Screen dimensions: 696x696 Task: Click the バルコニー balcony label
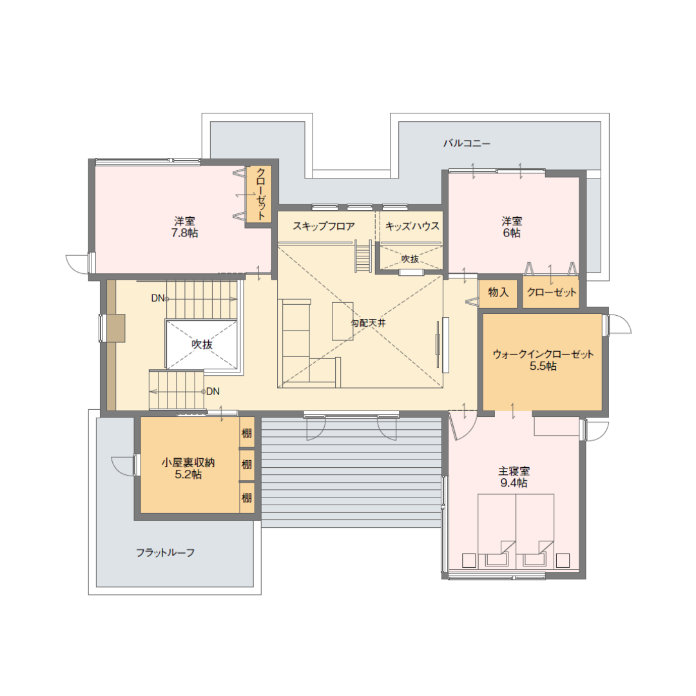pyautogui.click(x=467, y=143)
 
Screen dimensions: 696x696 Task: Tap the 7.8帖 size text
pyautogui.click(x=185, y=233)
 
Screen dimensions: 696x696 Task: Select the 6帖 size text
pyautogui.click(x=512, y=233)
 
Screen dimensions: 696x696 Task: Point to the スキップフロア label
pyautogui.click(x=324, y=226)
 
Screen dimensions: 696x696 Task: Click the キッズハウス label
pyautogui.click(x=412, y=226)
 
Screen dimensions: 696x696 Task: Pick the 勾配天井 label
pyautogui.click(x=369, y=323)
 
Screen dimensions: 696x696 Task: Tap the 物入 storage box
pyautogui.click(x=498, y=293)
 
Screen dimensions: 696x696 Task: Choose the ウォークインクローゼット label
pyautogui.click(x=543, y=354)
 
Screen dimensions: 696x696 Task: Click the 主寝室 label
pyautogui.click(x=514, y=471)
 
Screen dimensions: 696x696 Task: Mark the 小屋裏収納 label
pyautogui.click(x=188, y=463)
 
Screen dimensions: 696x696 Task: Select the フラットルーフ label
pyautogui.click(x=165, y=553)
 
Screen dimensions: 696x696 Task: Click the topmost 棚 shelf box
pyautogui.click(x=247, y=433)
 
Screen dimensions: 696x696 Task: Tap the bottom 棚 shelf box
pyautogui.click(x=247, y=498)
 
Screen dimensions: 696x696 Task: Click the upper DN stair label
pyautogui.click(x=158, y=298)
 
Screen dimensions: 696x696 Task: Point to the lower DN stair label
pyautogui.click(x=213, y=392)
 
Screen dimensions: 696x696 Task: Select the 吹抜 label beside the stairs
pyautogui.click(x=202, y=344)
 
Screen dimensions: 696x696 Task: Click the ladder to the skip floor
pyautogui.click(x=363, y=256)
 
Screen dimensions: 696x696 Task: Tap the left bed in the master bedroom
pyautogui.click(x=497, y=530)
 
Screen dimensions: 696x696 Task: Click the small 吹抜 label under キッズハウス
pyautogui.click(x=410, y=259)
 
